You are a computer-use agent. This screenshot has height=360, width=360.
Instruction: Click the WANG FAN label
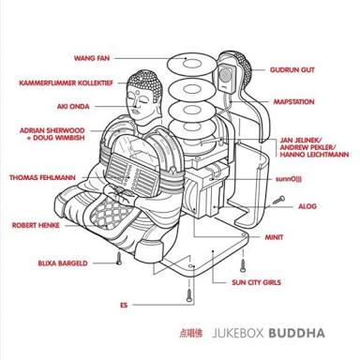pos(92,58)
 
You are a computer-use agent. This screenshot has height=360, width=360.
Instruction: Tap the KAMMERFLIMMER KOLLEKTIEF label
pos(66,83)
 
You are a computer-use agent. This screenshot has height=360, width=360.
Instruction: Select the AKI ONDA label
pos(73,107)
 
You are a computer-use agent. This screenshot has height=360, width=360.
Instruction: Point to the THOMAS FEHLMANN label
pos(42,178)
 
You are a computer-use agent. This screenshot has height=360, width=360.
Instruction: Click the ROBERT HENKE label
pos(36,225)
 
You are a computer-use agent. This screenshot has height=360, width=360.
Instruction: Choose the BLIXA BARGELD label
pos(63,263)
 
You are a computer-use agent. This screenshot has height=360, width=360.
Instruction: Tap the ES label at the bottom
pos(124,305)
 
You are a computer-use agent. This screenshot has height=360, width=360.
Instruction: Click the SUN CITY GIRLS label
pos(256,282)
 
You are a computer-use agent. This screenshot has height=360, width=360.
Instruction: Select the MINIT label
pos(274,237)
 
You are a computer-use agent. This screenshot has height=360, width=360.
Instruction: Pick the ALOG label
pos(307,206)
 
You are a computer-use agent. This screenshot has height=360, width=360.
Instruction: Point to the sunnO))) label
pos(289,179)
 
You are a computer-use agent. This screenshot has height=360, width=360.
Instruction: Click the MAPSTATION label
pos(294,102)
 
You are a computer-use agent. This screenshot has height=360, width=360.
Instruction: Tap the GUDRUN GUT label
pos(292,70)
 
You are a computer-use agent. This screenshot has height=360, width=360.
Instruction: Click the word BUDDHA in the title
pos(296,333)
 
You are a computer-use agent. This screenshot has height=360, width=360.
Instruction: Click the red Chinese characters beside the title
pos(190,333)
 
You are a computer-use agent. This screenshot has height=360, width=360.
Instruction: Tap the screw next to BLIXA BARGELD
pos(119,259)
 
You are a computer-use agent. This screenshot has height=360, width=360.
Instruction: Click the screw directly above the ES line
pos(189,295)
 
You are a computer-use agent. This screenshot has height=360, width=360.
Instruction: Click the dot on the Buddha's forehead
pos(138,93)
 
